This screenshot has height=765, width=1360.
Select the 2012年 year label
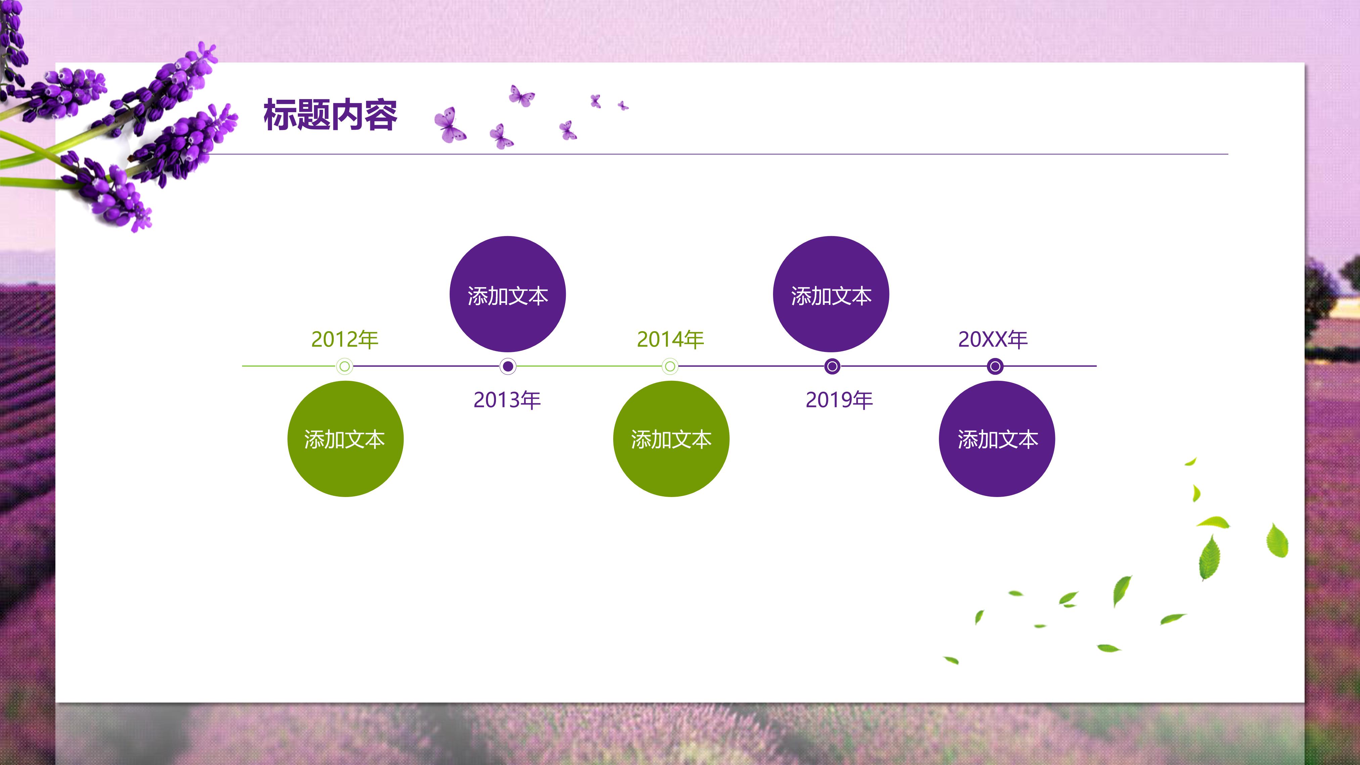point(345,340)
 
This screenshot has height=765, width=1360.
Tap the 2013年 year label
point(507,400)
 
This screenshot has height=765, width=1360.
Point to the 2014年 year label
point(671,340)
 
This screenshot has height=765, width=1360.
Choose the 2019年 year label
point(839,400)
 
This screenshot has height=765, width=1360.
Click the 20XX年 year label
point(993,340)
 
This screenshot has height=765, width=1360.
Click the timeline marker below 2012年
point(345,366)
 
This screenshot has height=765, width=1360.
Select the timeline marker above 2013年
point(508,366)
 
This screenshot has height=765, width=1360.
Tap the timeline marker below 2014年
point(670,366)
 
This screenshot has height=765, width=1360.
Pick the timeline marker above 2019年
point(832,366)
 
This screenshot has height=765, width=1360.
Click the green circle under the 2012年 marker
point(345,439)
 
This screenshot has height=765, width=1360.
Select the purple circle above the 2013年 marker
point(507,294)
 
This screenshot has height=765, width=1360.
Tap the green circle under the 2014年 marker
point(671,439)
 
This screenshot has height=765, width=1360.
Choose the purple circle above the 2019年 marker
point(831,294)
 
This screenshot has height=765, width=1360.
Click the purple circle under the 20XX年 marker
point(997,439)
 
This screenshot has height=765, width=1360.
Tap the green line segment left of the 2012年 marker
point(288,366)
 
